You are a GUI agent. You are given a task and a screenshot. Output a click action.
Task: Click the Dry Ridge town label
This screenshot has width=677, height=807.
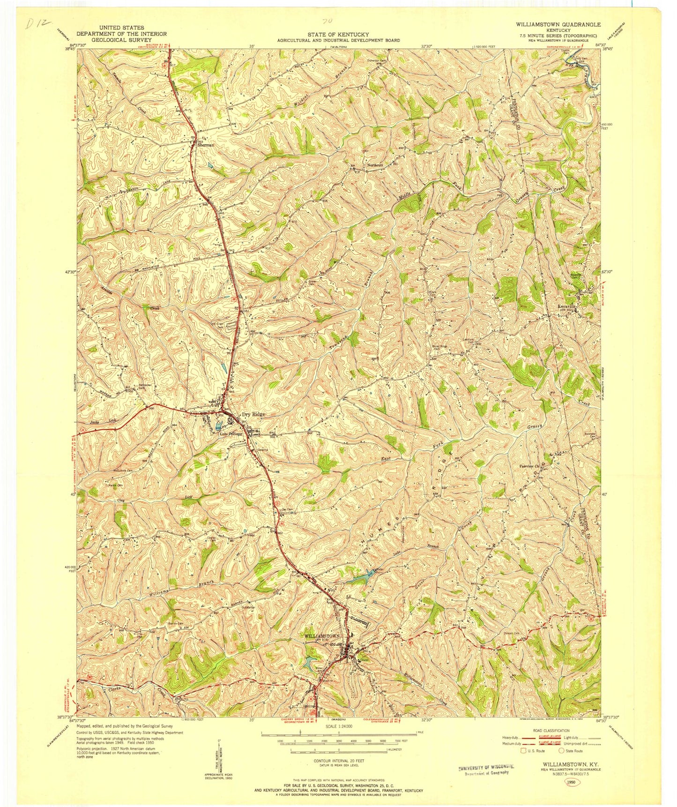coord(253,414)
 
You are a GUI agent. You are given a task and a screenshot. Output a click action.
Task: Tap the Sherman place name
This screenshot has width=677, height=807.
coord(205,145)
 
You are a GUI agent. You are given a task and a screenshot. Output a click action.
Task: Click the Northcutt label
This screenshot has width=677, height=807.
coord(375,165)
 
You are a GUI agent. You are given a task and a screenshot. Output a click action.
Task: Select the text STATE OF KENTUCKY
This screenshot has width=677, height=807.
coord(338,34)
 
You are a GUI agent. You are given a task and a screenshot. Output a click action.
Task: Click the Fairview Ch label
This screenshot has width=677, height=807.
coord(530,466)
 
